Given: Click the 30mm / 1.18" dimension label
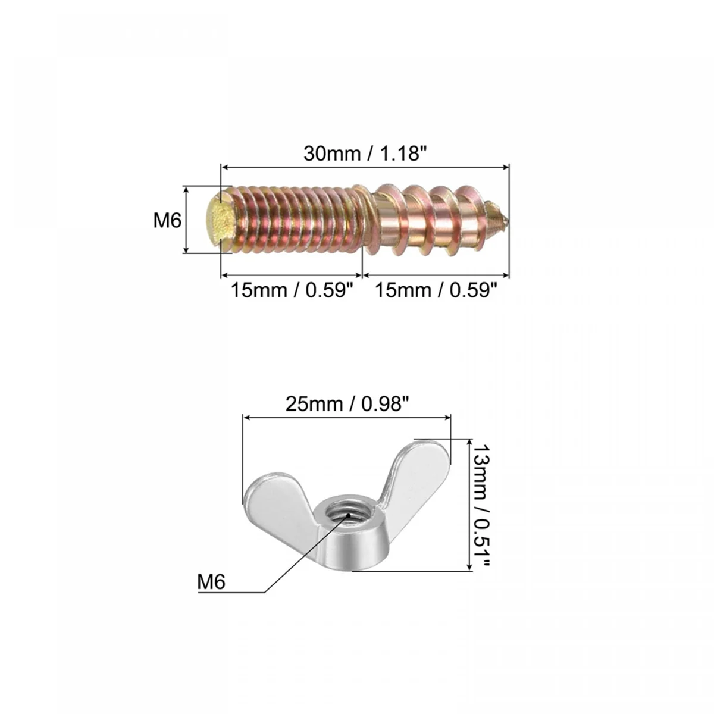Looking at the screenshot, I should (365, 154).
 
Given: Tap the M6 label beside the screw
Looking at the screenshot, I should (167, 221).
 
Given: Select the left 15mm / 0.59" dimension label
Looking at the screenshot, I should (292, 290).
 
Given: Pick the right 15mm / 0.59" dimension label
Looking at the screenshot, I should (435, 290).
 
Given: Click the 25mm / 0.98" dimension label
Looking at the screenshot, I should (347, 404).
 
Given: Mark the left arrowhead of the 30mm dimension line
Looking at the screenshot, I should (224, 168).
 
